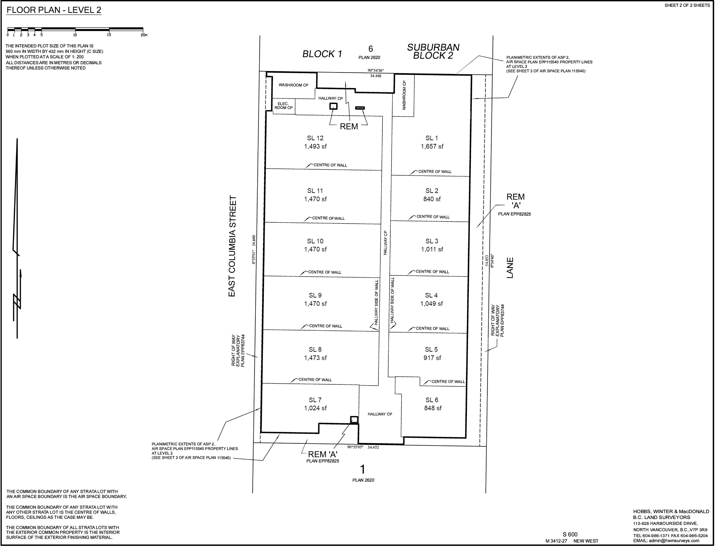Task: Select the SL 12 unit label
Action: (315, 138)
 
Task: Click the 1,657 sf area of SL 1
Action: (432, 147)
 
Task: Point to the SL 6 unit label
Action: (432, 400)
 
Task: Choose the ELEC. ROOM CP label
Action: (284, 106)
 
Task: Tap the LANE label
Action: (510, 268)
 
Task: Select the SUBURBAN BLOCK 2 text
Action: (433, 51)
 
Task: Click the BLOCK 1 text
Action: (322, 54)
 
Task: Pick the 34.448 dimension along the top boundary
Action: (376, 76)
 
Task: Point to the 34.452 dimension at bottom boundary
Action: (373, 447)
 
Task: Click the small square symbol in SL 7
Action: (354, 420)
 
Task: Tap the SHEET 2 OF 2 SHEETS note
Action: (687, 5)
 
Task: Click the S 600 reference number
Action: (570, 535)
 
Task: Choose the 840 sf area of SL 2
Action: (432, 199)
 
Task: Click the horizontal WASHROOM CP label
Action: (293, 85)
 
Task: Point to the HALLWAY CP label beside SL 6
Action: (380, 414)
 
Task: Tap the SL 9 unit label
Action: (315, 295)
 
